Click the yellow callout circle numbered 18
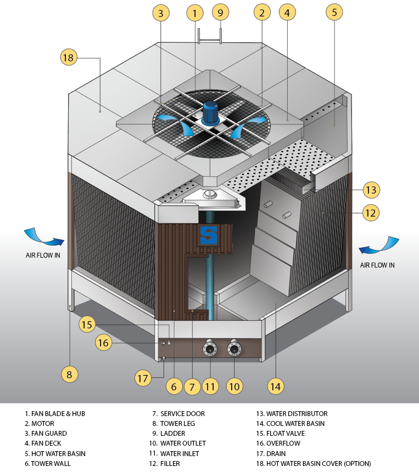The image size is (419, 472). pyautogui.click(x=69, y=58)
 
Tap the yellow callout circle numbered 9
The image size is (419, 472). pyautogui.click(x=220, y=12)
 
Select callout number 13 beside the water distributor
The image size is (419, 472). pyautogui.click(x=371, y=190)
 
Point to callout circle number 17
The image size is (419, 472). pyautogui.click(x=143, y=378)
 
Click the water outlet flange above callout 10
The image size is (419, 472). pyautogui.click(x=234, y=349)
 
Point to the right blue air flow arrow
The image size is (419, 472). pyautogui.click(x=378, y=246)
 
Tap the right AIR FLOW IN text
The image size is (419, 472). pyautogui.click(x=377, y=265)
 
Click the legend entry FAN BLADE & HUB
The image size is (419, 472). pyautogui.click(x=55, y=414)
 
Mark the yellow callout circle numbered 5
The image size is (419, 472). pyautogui.click(x=334, y=12)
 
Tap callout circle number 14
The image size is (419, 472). pyautogui.click(x=276, y=386)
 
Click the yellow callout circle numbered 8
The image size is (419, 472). pyautogui.click(x=69, y=375)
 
